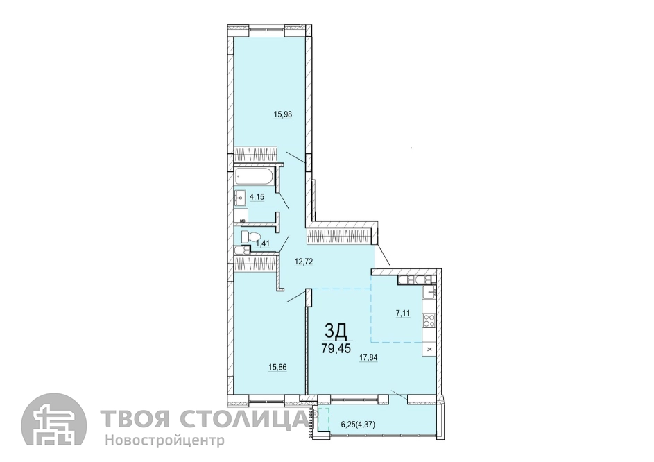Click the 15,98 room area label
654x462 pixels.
point(282,114)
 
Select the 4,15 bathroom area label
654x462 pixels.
point(257,196)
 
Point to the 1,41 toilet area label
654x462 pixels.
point(262,243)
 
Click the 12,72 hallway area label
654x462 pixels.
point(304,262)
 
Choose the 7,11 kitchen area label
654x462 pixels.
point(402,313)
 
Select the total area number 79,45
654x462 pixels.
point(336,348)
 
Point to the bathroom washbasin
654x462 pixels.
point(240,198)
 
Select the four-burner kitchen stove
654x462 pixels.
point(429,320)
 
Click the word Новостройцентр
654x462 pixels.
point(165,440)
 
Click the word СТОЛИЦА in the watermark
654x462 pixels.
point(246,418)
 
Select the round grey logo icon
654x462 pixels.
point(54,426)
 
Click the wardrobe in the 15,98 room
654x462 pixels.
point(255,154)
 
